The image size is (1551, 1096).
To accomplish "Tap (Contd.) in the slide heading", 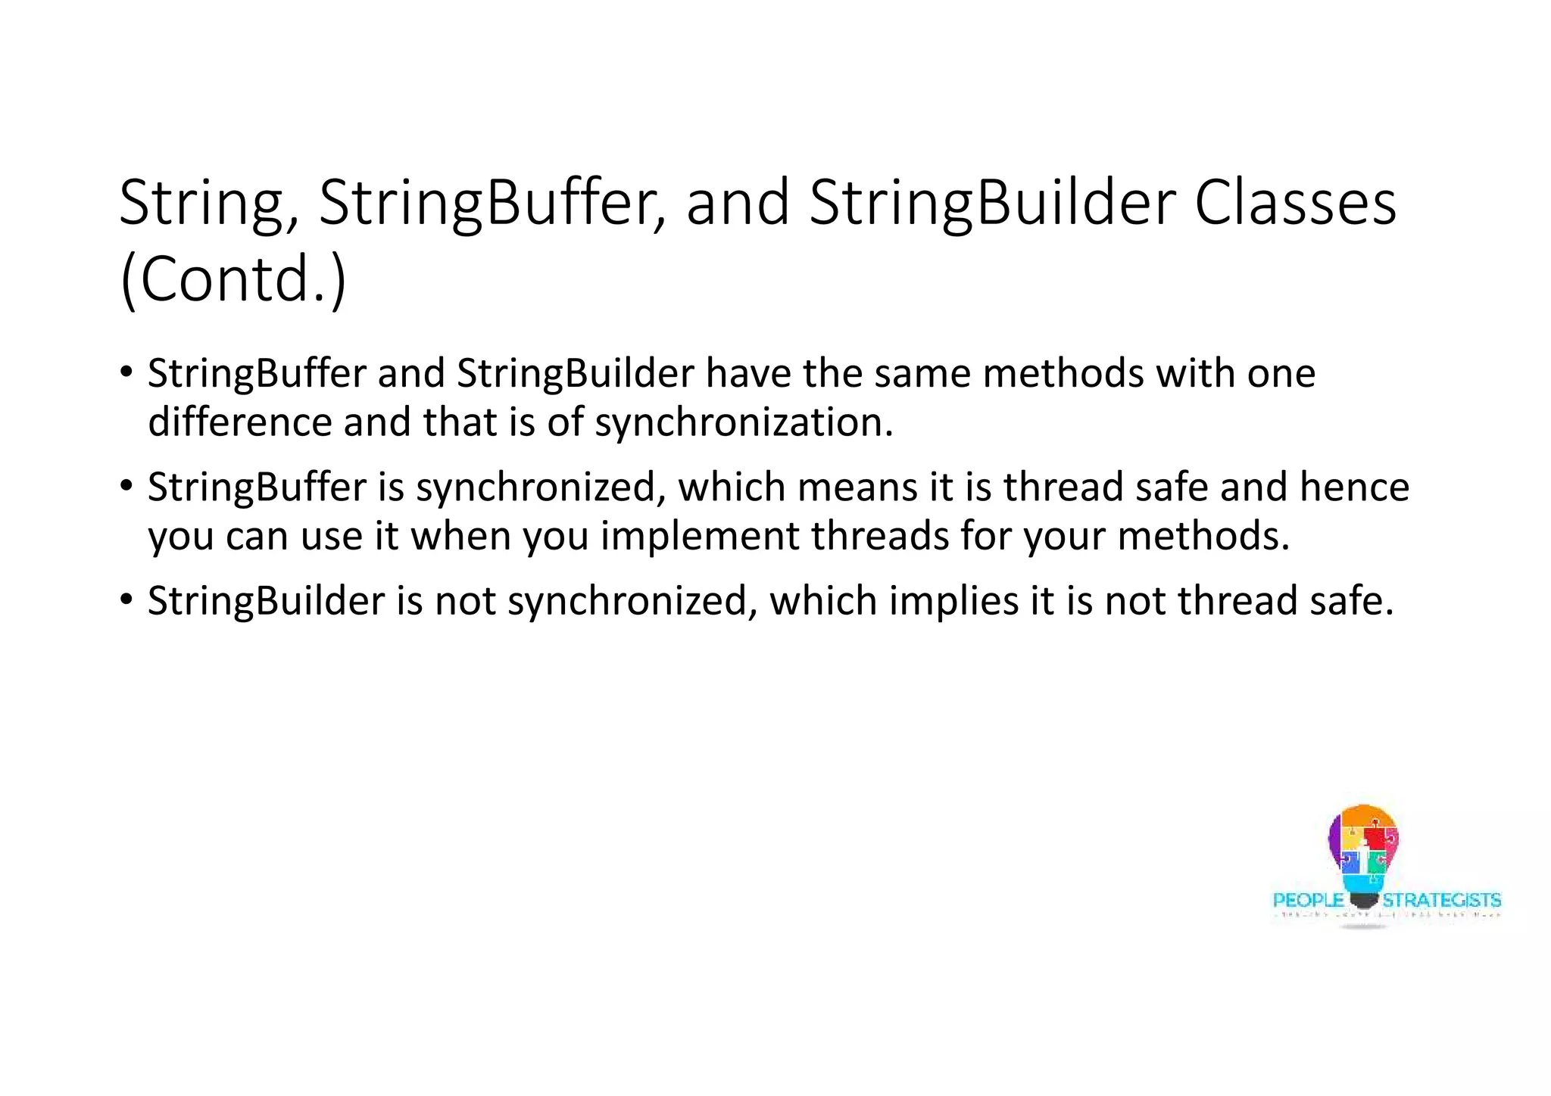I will point(233,279).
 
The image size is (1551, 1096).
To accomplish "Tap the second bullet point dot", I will point(126,486).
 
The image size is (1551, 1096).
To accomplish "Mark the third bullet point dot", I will point(126,599).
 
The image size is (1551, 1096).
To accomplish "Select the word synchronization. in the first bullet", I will point(744,422).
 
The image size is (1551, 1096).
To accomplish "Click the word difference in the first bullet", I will point(239,422).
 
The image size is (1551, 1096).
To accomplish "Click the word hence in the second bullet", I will point(1354,487).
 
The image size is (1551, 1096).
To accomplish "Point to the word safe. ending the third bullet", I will point(1351,600).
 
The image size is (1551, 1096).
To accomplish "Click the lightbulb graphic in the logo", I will point(1363,855).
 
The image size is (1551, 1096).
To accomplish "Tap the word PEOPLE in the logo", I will point(1308,900).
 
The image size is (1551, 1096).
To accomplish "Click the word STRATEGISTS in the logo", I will point(1441,900).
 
